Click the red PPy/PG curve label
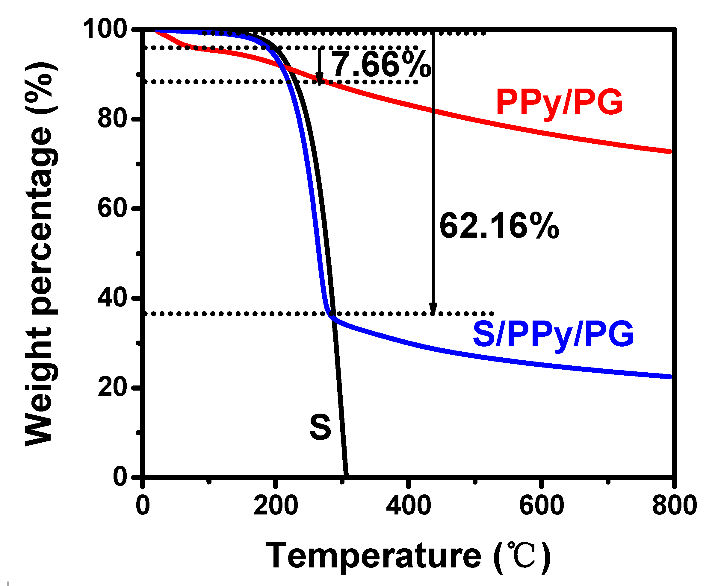559,102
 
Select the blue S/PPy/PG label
553,334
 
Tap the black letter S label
320,428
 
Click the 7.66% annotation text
381,65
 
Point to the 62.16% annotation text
499,226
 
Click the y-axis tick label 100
105,29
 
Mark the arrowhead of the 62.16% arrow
433,309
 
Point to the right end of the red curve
669,151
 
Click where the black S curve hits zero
346,475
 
